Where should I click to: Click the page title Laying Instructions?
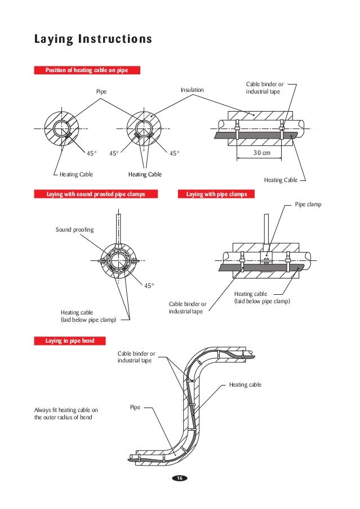[x=93, y=39]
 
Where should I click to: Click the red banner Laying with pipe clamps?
[x=216, y=194]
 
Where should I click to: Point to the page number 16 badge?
[x=180, y=478]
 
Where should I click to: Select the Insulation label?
[x=192, y=90]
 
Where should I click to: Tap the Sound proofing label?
[x=74, y=229]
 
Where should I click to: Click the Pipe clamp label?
[x=308, y=205]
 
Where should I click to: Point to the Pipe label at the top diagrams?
[x=101, y=91]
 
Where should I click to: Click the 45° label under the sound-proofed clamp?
[x=149, y=286]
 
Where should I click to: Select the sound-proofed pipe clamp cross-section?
[x=119, y=262]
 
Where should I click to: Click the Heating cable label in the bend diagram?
[x=245, y=385]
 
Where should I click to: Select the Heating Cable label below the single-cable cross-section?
[x=76, y=175]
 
